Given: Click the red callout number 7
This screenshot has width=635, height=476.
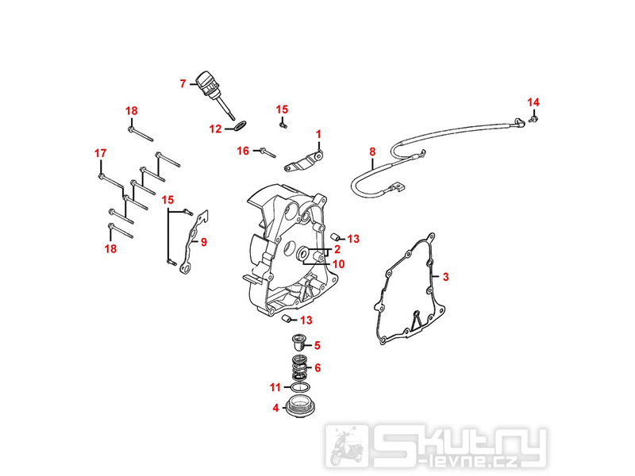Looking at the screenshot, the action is pos(183,84).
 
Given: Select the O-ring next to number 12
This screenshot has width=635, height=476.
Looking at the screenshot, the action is pos(240,126).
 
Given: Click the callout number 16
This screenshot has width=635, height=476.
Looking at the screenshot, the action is pos(243,151).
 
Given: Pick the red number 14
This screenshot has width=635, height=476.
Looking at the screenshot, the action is pos(533,102).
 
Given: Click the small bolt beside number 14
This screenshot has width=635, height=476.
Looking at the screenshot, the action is pos(533,118).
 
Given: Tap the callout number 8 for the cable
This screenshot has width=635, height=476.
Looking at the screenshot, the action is pos(372,152).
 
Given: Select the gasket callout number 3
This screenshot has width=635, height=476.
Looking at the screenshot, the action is pos(445,277).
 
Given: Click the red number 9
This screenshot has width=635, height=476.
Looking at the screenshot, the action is pos(204,242).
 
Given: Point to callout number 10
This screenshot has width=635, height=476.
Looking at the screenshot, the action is pos(338,264).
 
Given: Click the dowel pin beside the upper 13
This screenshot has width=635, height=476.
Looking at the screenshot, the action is pos(334,236).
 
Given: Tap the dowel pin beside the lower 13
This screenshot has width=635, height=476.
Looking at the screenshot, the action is pos(286,319).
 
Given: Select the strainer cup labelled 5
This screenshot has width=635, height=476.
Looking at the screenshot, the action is pos(298,343).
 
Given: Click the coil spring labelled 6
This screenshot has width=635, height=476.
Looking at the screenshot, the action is pos(299,367).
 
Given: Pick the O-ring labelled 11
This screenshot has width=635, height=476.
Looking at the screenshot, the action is pos(299,387).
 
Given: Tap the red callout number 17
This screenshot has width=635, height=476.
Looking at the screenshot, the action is pos(101,153).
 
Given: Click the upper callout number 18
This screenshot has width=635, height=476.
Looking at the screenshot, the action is pos(131,111).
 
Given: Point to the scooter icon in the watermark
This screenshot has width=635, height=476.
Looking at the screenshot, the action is pos(346,446).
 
